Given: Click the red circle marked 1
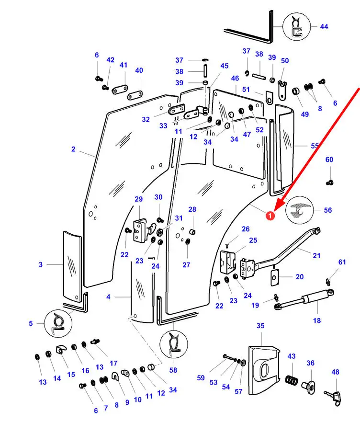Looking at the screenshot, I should coord(270,216).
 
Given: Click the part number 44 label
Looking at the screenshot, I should coord(324,27).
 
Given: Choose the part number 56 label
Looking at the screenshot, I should coord(341,210).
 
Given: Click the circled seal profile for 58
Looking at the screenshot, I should coord(173,344).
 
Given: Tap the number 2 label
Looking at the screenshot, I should coord(73,149).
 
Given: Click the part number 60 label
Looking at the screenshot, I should coord(329,160).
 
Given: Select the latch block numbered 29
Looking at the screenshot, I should coord(139,230).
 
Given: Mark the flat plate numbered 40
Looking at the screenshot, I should coord(136,94).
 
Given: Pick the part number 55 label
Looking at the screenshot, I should coord(315,146).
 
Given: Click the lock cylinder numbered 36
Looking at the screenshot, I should coord(310,384).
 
